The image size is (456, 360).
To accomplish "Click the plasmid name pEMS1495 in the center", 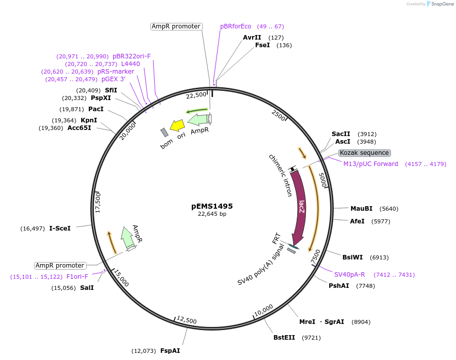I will point(212,206).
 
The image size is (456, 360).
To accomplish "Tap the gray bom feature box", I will point(164,133).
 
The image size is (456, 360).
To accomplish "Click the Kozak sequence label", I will point(364,153).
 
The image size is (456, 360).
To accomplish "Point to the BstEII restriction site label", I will point(284,338).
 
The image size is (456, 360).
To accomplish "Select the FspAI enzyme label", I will point(170,351).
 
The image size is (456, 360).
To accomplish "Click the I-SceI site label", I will point(60,228).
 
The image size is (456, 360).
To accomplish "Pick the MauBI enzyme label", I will point(361,209).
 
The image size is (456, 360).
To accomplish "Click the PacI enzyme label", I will point(96,109).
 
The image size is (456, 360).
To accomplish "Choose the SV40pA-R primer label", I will point(349,275).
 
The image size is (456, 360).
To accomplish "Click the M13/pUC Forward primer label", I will point(370,164).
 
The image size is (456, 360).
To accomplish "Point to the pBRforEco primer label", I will point(235,26).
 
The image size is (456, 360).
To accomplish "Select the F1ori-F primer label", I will point(77,277).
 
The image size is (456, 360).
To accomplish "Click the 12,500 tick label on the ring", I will point(187,320).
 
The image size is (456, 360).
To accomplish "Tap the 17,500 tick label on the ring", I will point(99,203).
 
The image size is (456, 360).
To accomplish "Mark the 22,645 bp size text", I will point(212,214).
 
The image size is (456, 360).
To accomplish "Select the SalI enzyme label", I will point(87,288).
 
